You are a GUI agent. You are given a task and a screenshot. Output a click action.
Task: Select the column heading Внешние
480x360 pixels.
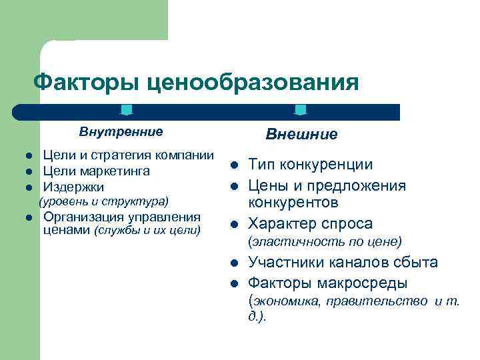pyautogui.click(x=301, y=134)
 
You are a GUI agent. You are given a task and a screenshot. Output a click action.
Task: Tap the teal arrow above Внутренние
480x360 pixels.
pyautogui.click(x=127, y=110)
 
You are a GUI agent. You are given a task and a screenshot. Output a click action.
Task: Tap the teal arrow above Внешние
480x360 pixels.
pyautogui.click(x=301, y=110)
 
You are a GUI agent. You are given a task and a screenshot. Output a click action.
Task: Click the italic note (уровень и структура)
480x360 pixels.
pyautogui.click(x=104, y=201)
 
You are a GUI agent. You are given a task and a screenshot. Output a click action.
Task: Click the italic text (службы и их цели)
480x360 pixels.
pyautogui.click(x=147, y=231)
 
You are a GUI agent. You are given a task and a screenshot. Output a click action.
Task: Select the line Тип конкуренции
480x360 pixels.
pyautogui.click(x=311, y=165)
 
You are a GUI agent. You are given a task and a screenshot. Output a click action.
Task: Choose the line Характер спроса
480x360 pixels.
pyautogui.click(x=311, y=223)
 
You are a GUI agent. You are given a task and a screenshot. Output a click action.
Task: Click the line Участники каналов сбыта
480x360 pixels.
pyautogui.click(x=343, y=262)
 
